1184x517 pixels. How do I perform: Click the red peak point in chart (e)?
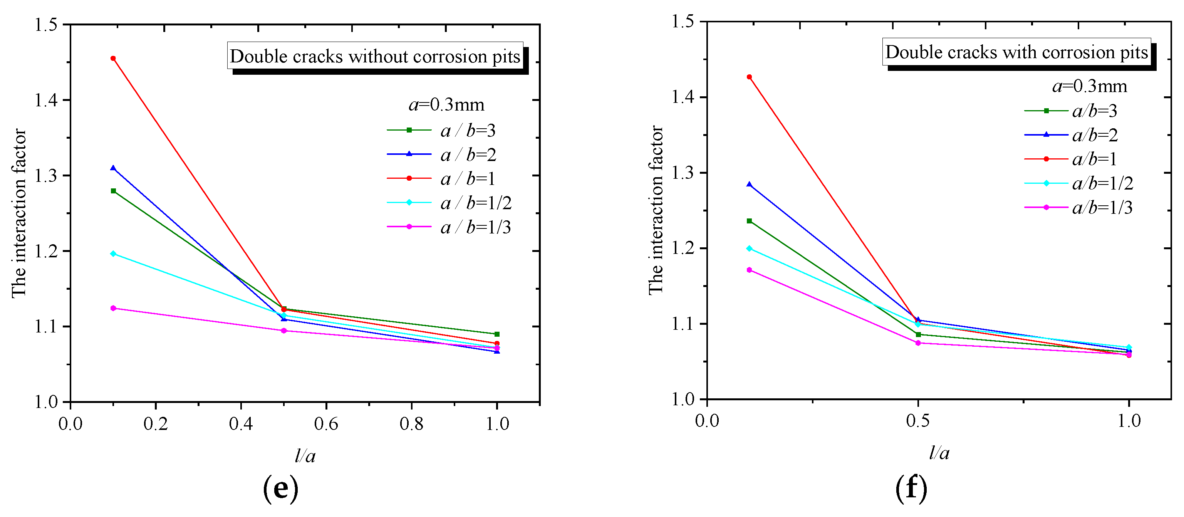pyautogui.click(x=113, y=58)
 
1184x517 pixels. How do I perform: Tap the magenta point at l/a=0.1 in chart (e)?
pyautogui.click(x=113, y=308)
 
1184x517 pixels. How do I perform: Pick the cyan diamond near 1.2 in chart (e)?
pyautogui.click(x=113, y=253)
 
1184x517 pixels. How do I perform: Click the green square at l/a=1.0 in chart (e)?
pyautogui.click(x=497, y=334)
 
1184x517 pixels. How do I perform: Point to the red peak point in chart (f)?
pyautogui.click(x=749, y=77)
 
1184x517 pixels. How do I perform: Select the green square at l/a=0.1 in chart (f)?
pyautogui.click(x=749, y=221)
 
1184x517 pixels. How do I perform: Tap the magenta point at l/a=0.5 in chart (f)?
pyautogui.click(x=918, y=343)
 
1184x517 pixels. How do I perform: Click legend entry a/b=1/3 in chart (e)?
pyautogui.click(x=475, y=227)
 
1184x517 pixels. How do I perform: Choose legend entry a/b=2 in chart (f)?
pyautogui.click(x=1094, y=135)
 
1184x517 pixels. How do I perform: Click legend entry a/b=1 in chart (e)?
pyautogui.click(x=468, y=178)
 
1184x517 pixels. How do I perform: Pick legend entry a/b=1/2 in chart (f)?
pyautogui.click(x=1102, y=183)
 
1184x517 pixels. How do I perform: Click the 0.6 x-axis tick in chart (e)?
pyautogui.click(x=326, y=423)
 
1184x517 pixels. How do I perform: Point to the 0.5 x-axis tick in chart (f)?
pyautogui.click(x=918, y=420)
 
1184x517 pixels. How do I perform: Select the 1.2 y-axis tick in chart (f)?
pyautogui.click(x=683, y=248)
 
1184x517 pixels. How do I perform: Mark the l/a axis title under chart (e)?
pyautogui.click(x=305, y=455)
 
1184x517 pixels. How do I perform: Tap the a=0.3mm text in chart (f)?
pyautogui.click(x=1089, y=86)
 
